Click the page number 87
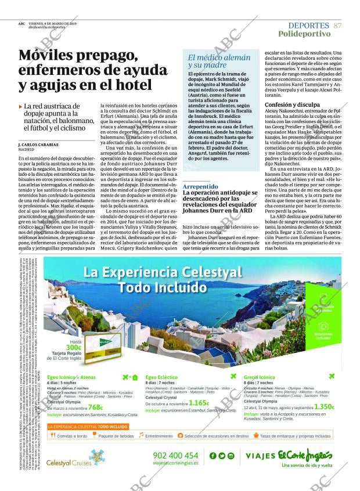338,26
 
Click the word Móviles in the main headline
48,56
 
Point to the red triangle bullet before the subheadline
20,107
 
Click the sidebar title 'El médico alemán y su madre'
218,62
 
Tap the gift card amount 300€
73,348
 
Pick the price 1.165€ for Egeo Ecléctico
199,403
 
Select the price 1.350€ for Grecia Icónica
323,407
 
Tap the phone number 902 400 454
175,456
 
